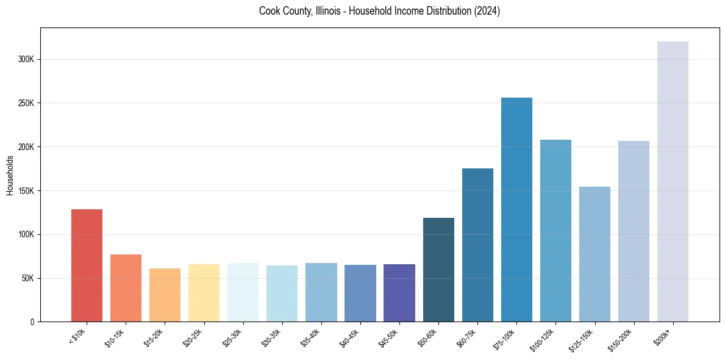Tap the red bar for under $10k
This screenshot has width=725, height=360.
(87, 265)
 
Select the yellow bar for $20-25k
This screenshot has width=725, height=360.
(204, 293)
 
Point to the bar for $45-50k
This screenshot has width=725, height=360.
(399, 293)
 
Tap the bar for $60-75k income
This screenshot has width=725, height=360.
(477, 245)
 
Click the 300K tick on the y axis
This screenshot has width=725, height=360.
(29, 60)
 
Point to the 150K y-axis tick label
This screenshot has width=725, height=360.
(29, 191)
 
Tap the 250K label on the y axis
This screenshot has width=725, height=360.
(29, 103)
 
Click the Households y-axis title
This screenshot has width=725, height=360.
(10, 175)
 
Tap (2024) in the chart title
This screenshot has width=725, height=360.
(486, 11)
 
